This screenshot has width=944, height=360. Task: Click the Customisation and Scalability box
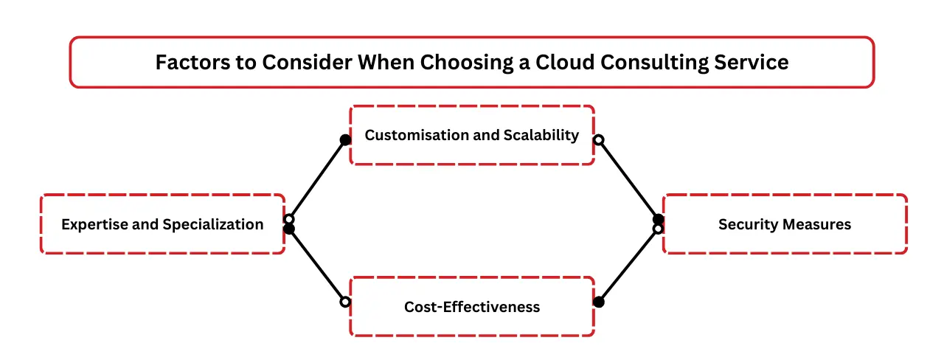pyautogui.click(x=472, y=135)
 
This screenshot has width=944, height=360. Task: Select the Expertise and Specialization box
pyautogui.click(x=162, y=224)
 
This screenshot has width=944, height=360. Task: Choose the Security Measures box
pyautogui.click(x=785, y=224)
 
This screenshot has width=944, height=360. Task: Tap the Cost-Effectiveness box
pyautogui.click(x=472, y=307)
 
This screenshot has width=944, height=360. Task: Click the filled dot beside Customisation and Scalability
pyautogui.click(x=344, y=139)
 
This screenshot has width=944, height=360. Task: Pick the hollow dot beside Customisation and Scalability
pyautogui.click(x=599, y=139)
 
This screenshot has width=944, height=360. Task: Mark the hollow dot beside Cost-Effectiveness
pyautogui.click(x=344, y=302)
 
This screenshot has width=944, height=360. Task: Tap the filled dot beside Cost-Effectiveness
pyautogui.click(x=599, y=302)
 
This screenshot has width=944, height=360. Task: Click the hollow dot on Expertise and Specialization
pyautogui.click(x=289, y=219)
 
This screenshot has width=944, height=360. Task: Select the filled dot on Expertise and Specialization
pyautogui.click(x=289, y=229)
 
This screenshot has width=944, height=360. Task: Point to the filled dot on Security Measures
pyautogui.click(x=658, y=219)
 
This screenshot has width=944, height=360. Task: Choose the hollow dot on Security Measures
pyautogui.click(x=658, y=229)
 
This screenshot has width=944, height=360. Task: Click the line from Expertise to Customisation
pyautogui.click(x=317, y=179)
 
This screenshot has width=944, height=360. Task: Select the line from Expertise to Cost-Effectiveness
pyautogui.click(x=317, y=266)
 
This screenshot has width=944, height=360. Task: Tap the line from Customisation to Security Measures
pyautogui.click(x=628, y=179)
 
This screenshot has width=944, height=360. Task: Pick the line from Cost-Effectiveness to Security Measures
pyautogui.click(x=628, y=266)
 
